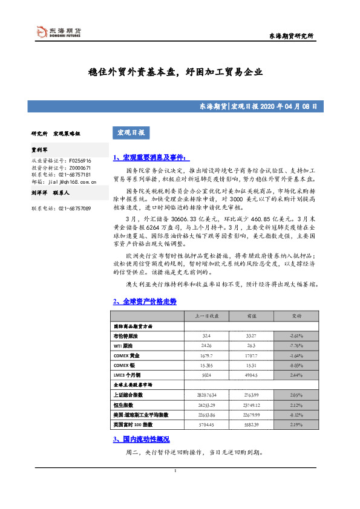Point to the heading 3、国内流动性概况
141,438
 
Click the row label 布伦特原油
125,336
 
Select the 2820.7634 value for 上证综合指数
206,395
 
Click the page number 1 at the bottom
175,471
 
